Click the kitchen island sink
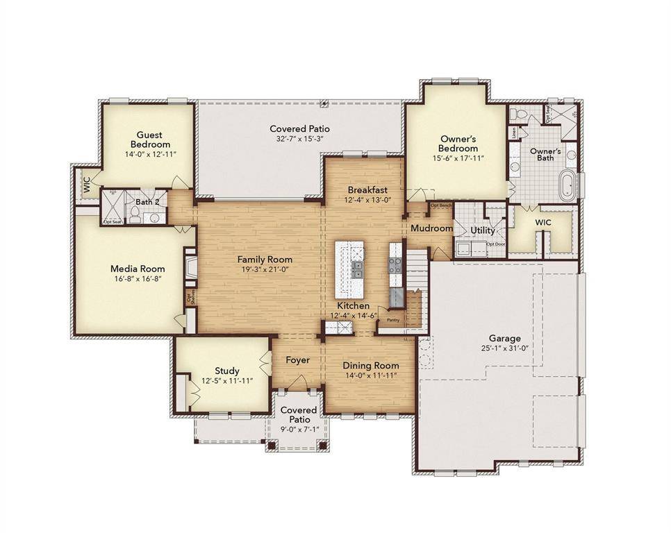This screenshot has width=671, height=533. [x=358, y=269]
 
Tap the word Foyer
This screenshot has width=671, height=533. [x=297, y=360]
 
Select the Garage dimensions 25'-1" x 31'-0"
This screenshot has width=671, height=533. [x=504, y=348]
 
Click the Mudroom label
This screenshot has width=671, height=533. [x=431, y=228]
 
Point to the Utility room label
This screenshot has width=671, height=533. [x=482, y=230]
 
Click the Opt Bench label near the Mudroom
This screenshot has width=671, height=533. [x=441, y=205]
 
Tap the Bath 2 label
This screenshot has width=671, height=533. [x=147, y=202]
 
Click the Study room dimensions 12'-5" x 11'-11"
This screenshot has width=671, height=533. [x=226, y=380]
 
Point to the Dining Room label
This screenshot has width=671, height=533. [x=372, y=366]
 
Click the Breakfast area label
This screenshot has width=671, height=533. [x=367, y=189]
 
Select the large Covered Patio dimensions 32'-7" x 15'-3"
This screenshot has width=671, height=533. [x=299, y=139]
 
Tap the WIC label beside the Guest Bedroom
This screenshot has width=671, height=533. [x=87, y=185]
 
